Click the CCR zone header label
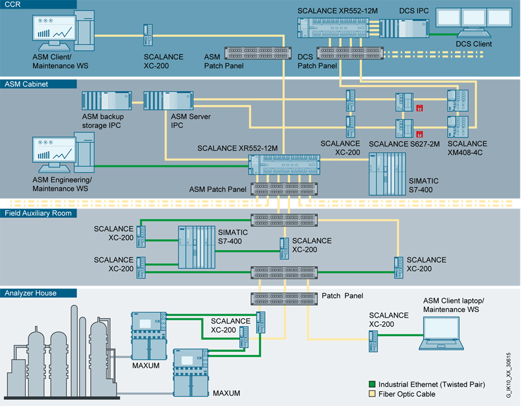tap(13, 4)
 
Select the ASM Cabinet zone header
tap(26, 84)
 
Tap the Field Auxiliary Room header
tap(38, 213)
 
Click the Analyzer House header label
tap(31, 293)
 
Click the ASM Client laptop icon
tap(441, 333)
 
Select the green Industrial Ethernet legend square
tap(372, 384)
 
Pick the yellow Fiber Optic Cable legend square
tap(372, 394)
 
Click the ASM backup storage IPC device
tap(107, 101)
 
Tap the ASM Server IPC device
tap(168, 101)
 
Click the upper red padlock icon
tap(419, 108)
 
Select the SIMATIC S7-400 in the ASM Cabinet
tap(387, 174)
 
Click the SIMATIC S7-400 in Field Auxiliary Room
tap(197, 247)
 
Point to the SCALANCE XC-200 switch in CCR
tap(148, 35)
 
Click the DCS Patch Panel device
tap(350, 53)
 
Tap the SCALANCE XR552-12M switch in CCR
tap(333, 28)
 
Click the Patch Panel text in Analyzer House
tap(342, 296)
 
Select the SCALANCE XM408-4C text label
tap(467, 148)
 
